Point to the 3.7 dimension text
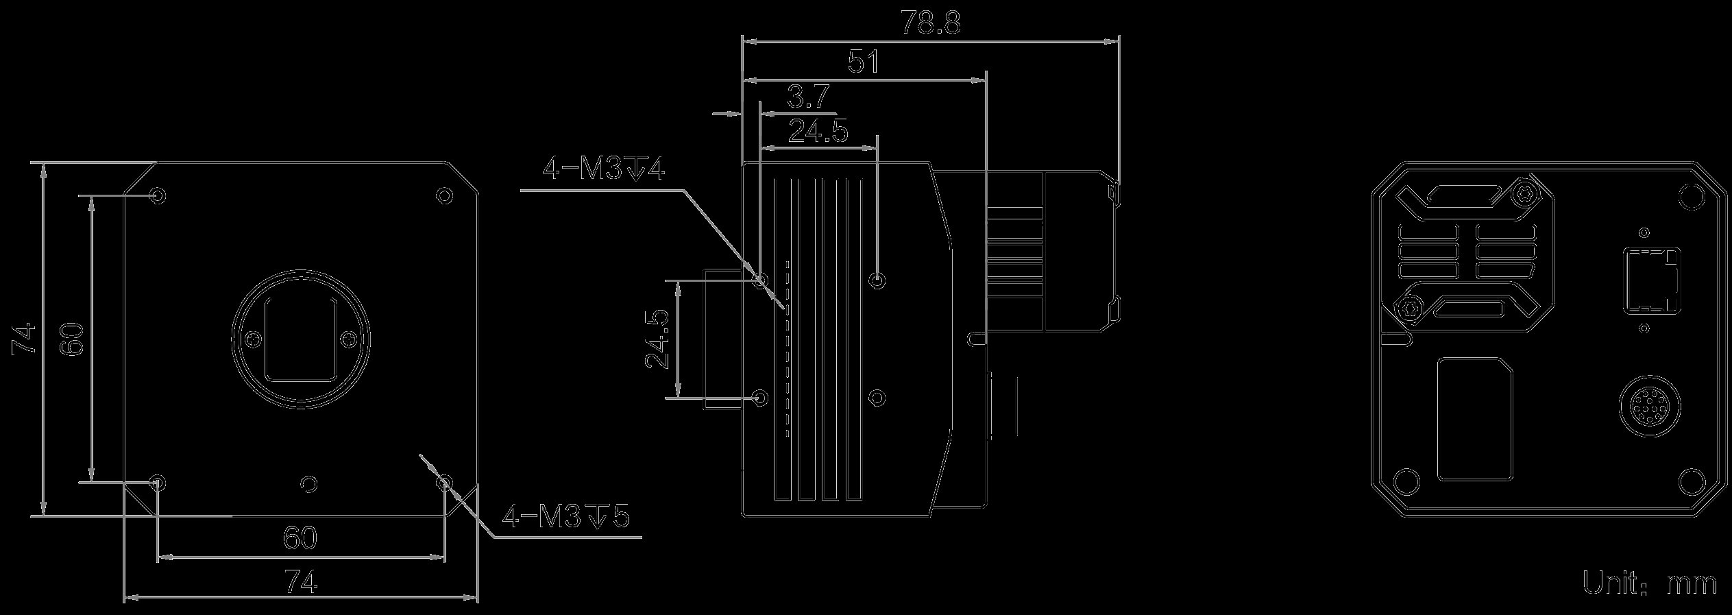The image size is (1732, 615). click(809, 97)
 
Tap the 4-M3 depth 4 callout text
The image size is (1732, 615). click(604, 169)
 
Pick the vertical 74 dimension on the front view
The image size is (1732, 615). click(26, 338)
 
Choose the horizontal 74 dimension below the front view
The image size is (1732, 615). click(301, 583)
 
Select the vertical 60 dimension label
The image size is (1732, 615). click(71, 339)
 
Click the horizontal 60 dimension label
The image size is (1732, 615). click(300, 538)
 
